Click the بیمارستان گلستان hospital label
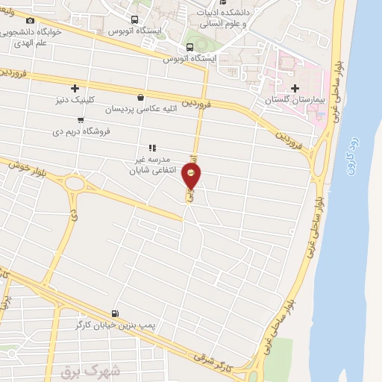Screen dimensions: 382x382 point(296,99)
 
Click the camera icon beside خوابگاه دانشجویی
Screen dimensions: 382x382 point(31,20)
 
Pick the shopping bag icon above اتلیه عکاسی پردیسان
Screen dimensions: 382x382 point(140,97)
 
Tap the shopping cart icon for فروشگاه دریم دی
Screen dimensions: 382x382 point(81,119)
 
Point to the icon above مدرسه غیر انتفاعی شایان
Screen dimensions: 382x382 point(151,148)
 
